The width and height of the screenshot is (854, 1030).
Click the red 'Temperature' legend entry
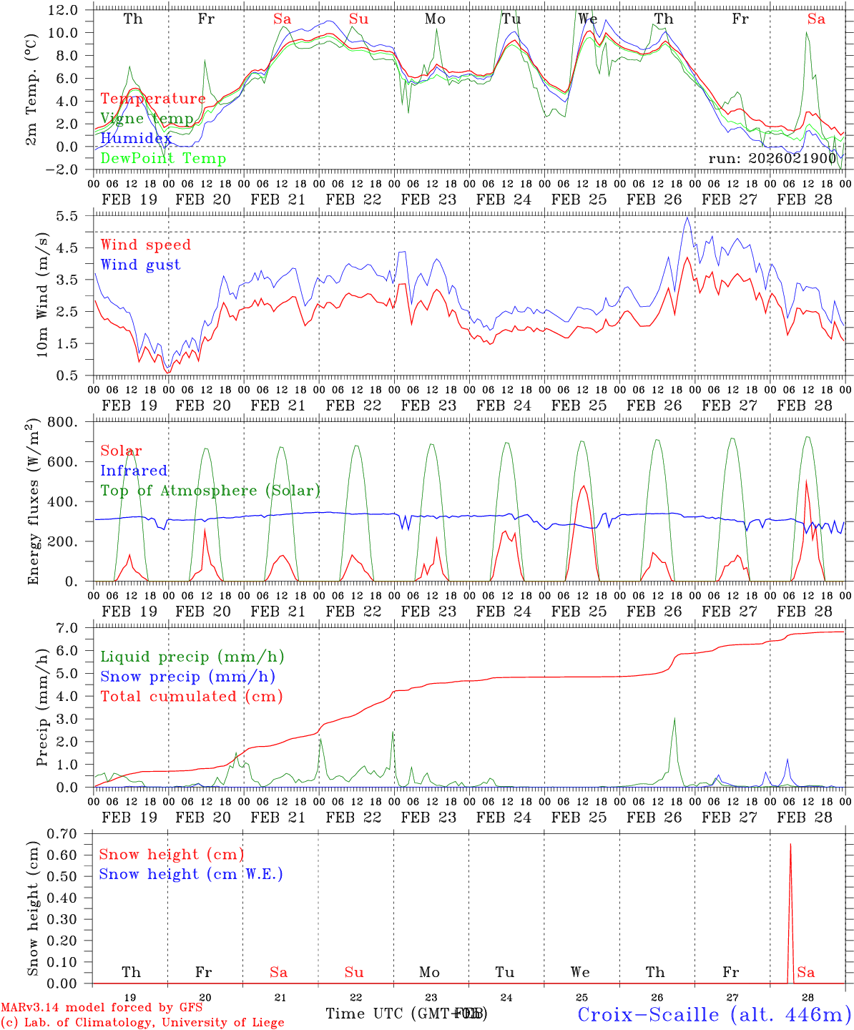point(152,99)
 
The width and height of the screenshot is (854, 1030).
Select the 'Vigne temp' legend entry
point(147,119)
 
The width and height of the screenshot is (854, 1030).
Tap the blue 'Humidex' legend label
point(136,138)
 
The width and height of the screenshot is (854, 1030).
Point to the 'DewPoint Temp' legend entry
point(163,158)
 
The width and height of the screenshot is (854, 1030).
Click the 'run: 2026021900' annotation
point(772,158)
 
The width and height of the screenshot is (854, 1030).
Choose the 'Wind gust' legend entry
point(140,265)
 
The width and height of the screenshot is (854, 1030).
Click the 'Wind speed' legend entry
point(145,245)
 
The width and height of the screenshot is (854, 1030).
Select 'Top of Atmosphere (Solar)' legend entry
point(210,491)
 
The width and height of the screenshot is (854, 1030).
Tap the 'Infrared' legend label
point(134,471)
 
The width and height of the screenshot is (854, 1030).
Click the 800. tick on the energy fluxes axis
point(72,422)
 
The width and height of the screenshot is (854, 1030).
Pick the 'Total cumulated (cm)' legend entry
point(191,696)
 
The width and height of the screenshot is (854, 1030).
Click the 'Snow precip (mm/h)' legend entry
point(187,677)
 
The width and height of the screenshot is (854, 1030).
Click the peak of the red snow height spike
point(790,845)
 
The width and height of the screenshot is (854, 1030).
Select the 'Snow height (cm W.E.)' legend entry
point(191,874)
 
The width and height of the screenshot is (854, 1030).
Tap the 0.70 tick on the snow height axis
point(70,833)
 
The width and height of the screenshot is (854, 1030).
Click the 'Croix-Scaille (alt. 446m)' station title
point(714,1014)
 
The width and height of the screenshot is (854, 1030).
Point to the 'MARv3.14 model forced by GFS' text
point(102,1008)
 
